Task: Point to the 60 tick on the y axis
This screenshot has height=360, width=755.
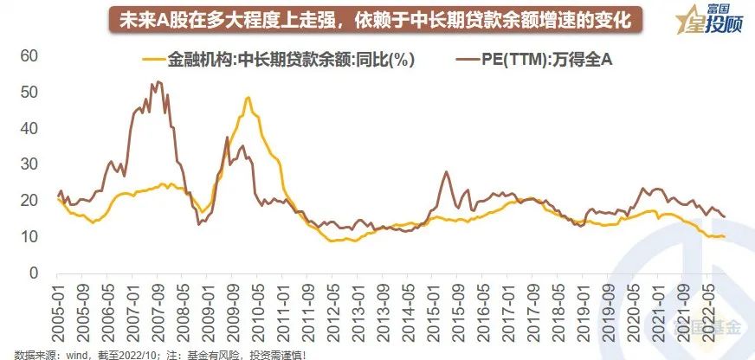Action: (30, 55)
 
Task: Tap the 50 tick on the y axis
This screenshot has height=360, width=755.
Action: (30, 92)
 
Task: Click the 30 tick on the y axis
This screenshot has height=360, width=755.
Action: (30, 164)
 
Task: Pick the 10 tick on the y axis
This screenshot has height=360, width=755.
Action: (30, 236)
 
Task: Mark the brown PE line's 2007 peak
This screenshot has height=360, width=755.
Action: (156, 82)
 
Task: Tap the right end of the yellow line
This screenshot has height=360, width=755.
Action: (725, 236)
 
